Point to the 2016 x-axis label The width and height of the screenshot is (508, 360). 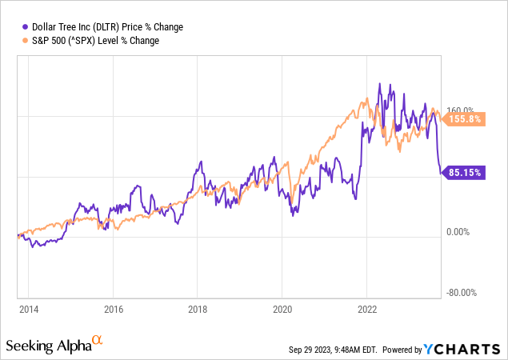(113, 308)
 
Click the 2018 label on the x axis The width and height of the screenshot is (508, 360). (198, 308)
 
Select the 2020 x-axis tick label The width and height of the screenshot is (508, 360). (282, 308)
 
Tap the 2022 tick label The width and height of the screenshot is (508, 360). (367, 308)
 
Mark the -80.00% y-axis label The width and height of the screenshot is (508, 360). (462, 293)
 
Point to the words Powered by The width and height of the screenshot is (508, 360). (409, 350)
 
